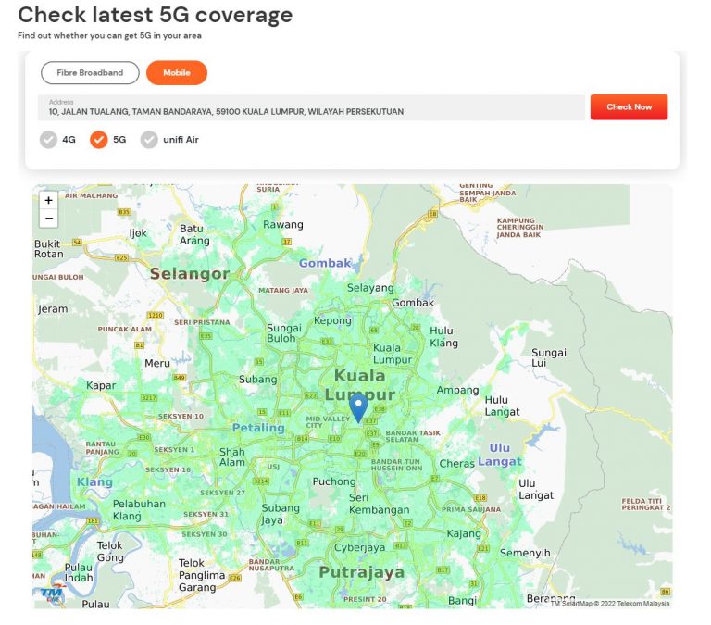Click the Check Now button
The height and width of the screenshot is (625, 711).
tap(629, 107)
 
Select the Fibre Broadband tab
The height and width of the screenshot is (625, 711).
tap(90, 72)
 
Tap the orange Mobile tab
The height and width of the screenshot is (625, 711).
tap(176, 72)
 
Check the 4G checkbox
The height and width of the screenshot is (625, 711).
tap(48, 140)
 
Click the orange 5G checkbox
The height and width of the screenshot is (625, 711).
tap(99, 140)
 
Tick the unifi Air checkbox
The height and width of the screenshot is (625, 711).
tap(149, 140)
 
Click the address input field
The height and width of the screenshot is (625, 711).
tap(311, 107)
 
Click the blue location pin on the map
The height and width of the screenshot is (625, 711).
tap(358, 407)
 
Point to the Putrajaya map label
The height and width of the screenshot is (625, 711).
tap(361, 572)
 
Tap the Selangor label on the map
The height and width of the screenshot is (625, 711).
tap(189, 274)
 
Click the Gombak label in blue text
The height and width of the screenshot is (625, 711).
tap(325, 263)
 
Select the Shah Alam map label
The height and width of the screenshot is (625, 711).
tap(231, 457)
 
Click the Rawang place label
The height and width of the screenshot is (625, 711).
tap(282, 225)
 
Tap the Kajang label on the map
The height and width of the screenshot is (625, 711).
tap(465, 534)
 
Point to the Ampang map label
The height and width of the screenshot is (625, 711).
tap(457, 390)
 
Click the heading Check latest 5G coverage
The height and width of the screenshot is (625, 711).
tap(155, 15)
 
